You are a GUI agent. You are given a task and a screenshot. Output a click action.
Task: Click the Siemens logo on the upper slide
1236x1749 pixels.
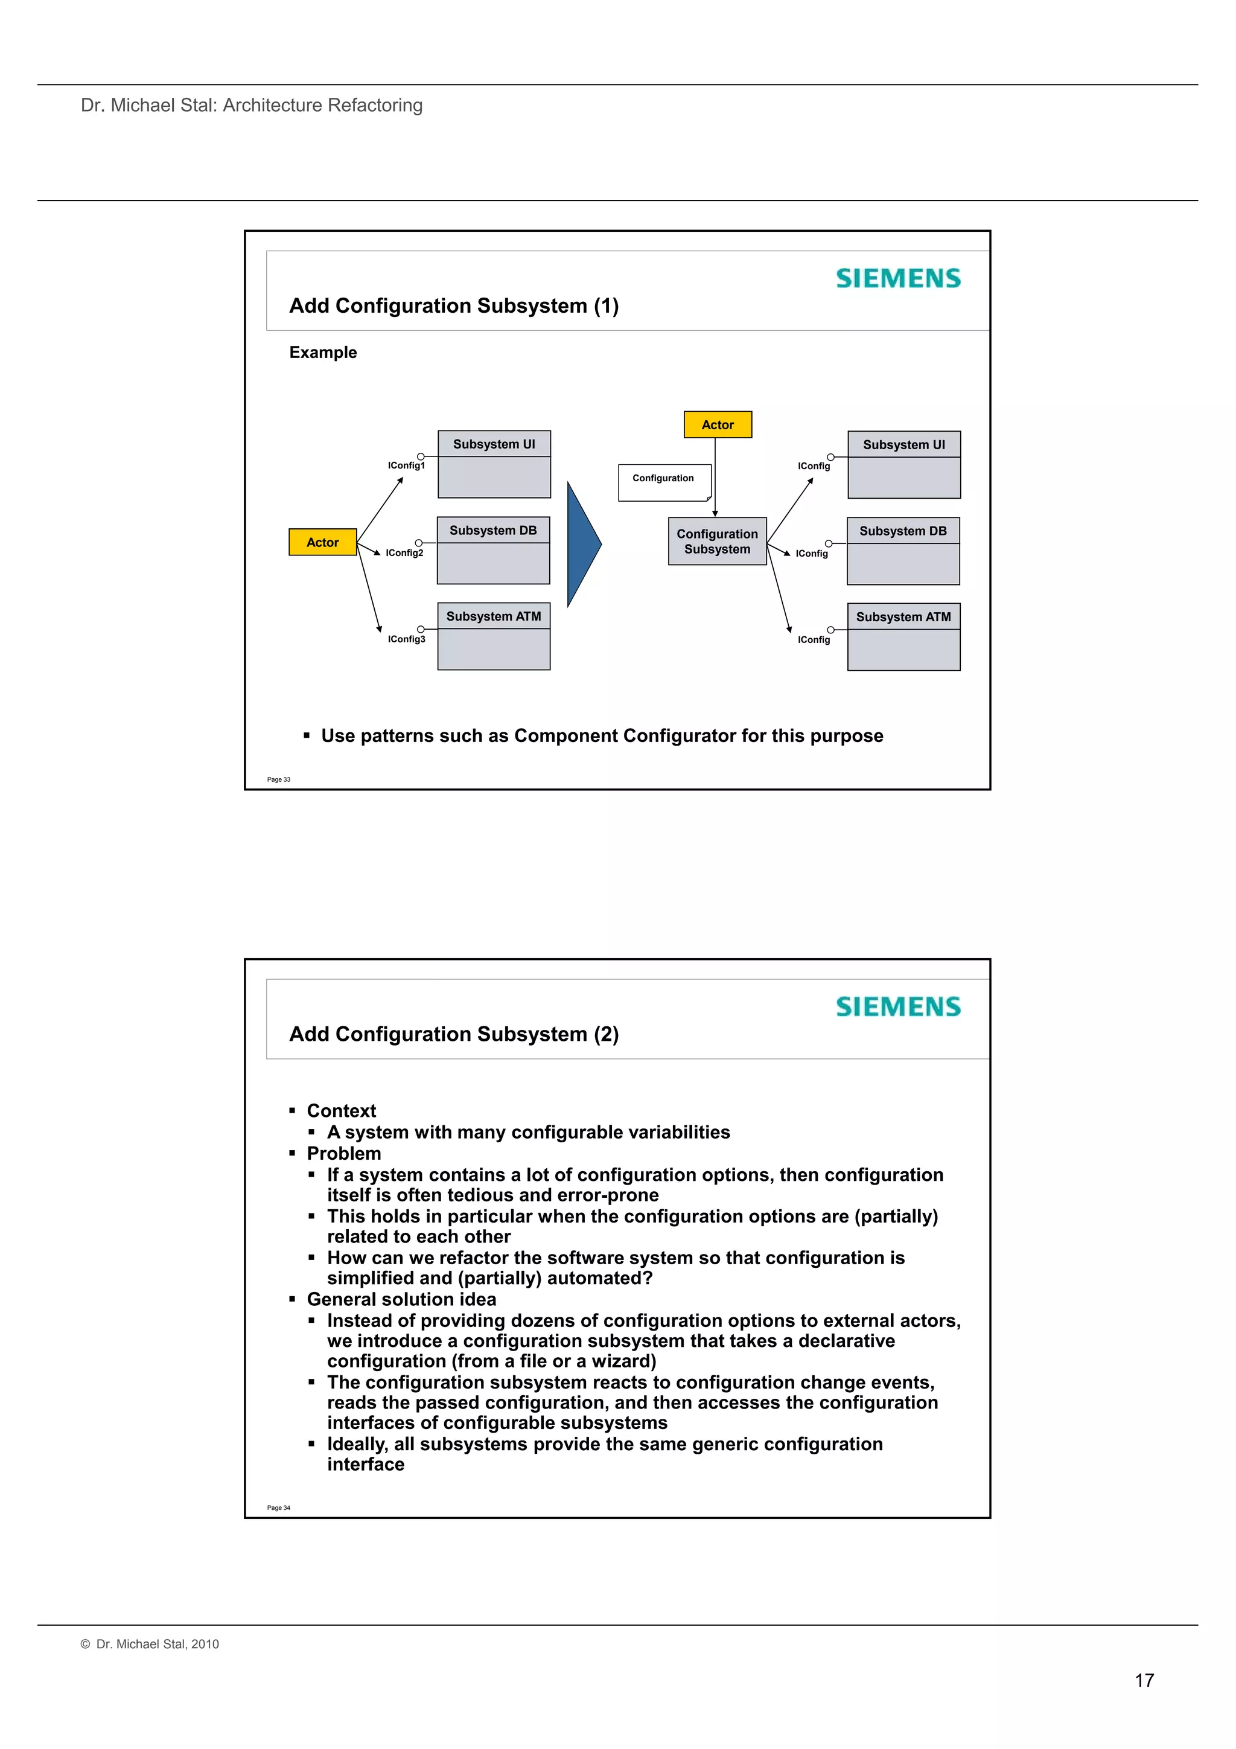tap(898, 278)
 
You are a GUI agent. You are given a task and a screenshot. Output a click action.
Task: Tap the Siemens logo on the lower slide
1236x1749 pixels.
tap(898, 1006)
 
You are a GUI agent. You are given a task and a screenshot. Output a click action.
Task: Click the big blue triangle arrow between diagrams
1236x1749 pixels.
tap(584, 544)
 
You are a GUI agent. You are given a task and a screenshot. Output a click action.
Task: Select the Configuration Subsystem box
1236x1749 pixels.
tap(716, 541)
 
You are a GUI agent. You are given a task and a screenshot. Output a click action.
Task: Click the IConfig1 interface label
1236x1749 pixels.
tap(406, 465)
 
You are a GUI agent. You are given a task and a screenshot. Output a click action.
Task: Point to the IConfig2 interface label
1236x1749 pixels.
tap(404, 553)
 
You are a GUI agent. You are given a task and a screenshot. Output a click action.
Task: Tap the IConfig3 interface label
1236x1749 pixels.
tap(406, 639)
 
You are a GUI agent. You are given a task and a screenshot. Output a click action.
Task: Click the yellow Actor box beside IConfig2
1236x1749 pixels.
tap(322, 542)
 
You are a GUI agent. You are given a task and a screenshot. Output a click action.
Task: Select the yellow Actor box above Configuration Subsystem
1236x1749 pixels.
tap(718, 425)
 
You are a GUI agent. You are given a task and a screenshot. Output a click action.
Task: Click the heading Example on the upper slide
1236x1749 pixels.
tap(323, 352)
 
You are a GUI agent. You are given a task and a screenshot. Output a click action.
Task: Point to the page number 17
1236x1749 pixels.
tap(1144, 1680)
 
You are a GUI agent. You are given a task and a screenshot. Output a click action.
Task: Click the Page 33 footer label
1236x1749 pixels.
tap(279, 779)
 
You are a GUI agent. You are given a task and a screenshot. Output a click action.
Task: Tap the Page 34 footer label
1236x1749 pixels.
tap(279, 1508)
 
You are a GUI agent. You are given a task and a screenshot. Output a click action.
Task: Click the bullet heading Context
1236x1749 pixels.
tap(341, 1111)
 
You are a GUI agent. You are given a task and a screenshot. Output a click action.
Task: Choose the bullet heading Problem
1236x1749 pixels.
tap(343, 1153)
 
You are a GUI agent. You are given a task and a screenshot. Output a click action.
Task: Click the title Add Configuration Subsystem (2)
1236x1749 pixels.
tap(454, 1034)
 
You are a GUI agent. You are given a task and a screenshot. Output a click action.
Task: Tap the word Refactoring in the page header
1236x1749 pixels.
tap(375, 105)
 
